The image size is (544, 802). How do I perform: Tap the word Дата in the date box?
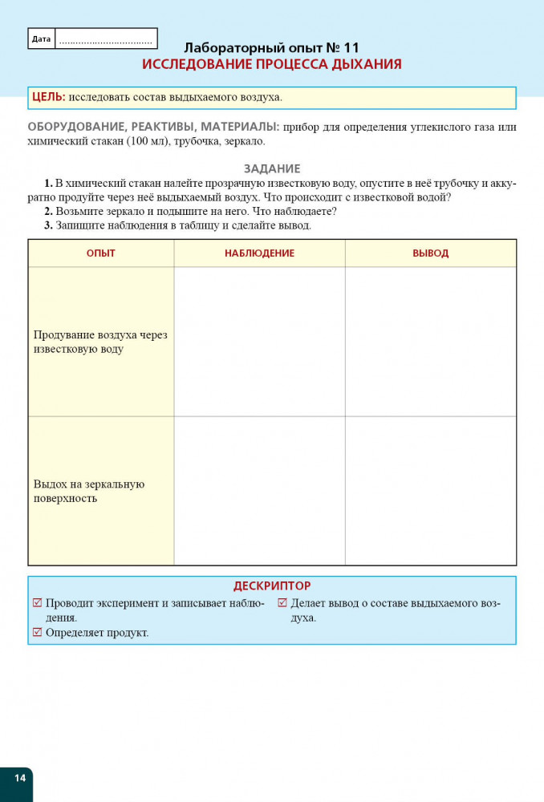click(41, 38)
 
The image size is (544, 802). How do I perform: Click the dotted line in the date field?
click(105, 39)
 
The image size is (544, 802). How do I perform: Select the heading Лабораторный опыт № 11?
click(272, 47)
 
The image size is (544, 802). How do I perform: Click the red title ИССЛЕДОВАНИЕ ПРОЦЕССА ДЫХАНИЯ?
click(272, 64)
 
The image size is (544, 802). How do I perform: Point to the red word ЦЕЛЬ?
click(48, 97)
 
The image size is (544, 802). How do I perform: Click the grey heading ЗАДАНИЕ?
click(272, 168)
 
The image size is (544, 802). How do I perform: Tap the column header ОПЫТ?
click(101, 253)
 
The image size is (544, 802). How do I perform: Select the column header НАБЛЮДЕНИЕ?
click(259, 253)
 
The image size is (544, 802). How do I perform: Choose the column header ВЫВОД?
click(430, 253)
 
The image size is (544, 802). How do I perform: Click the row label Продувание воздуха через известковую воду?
click(100, 342)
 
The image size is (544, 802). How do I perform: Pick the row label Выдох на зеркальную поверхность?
click(89, 491)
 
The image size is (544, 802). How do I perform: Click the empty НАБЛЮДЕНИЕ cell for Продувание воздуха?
click(259, 342)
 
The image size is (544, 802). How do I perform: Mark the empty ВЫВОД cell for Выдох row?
click(430, 491)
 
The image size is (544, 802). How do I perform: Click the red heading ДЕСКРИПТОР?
click(272, 586)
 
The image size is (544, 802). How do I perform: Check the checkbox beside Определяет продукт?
click(37, 632)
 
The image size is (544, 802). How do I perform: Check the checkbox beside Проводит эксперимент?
click(37, 603)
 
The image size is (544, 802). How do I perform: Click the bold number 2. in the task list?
click(48, 211)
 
